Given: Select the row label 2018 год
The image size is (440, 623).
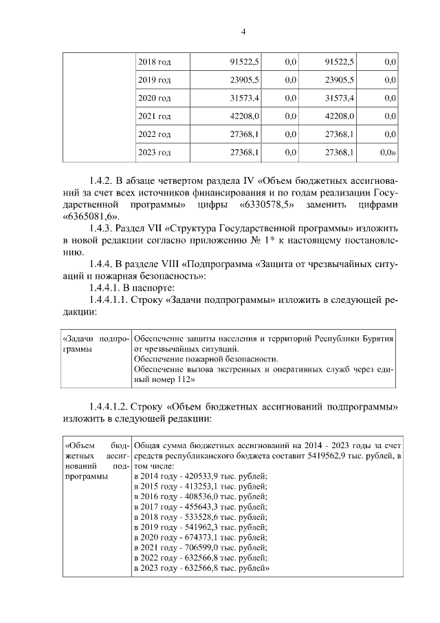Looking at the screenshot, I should coord(154,63).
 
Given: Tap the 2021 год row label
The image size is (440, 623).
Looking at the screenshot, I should coord(154,116).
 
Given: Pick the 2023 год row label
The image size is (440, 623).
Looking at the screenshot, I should coord(154,152).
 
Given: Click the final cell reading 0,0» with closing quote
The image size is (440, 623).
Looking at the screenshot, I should coord(389,152).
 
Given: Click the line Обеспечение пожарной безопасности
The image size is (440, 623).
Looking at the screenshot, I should coord(206,359).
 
